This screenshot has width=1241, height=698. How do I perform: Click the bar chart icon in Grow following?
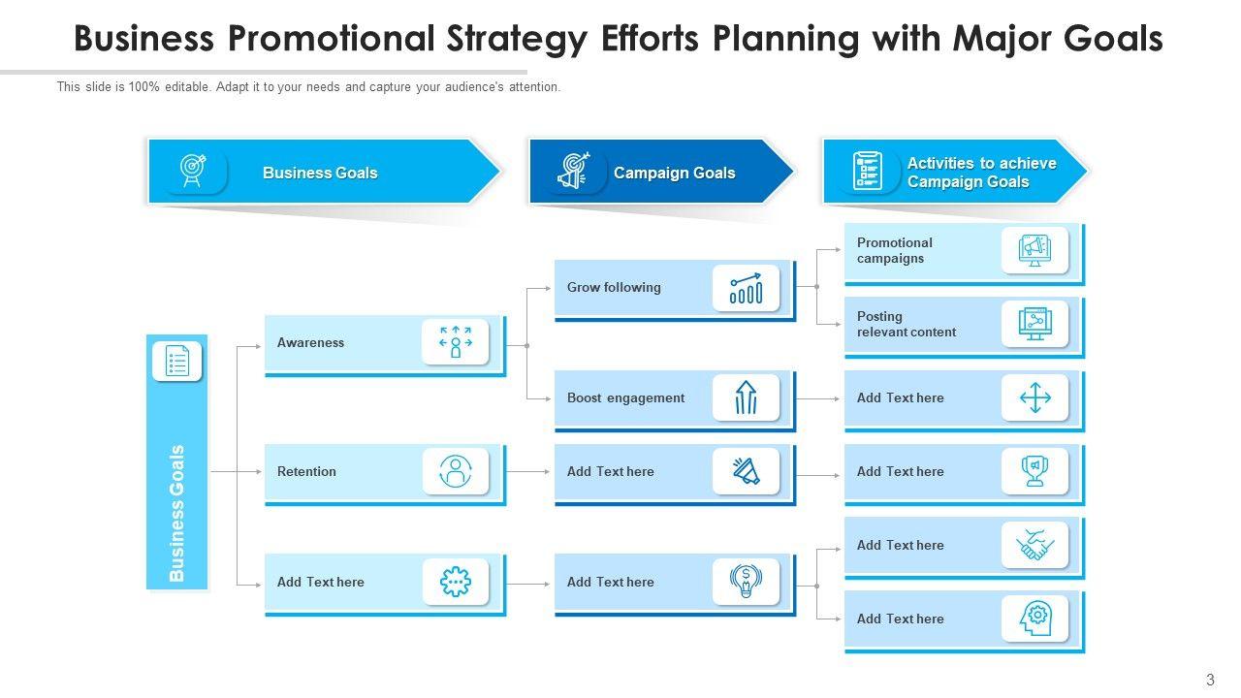746,288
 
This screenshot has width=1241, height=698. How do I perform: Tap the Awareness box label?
310,342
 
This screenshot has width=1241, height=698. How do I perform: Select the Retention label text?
306,471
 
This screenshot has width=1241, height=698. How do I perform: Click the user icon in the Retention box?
455,471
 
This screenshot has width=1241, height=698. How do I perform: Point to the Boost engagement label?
625,397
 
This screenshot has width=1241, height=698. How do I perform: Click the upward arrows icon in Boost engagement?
746,397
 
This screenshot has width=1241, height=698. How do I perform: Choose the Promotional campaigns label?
894,250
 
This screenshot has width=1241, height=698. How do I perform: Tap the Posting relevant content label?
906,324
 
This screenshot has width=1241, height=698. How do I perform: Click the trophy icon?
1034,471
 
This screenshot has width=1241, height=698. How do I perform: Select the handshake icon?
1034,545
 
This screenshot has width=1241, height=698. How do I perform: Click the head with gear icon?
1034,619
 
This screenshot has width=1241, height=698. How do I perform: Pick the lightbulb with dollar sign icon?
746,582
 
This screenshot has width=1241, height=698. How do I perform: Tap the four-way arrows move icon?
1034,397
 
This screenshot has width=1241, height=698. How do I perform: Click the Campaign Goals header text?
674,173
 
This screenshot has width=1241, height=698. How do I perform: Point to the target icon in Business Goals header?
193,172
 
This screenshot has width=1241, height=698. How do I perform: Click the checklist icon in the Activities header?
866,172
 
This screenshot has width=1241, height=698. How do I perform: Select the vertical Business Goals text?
176,513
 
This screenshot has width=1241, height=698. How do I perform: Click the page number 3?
1210,680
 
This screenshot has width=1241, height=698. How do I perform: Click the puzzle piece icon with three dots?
455,582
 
